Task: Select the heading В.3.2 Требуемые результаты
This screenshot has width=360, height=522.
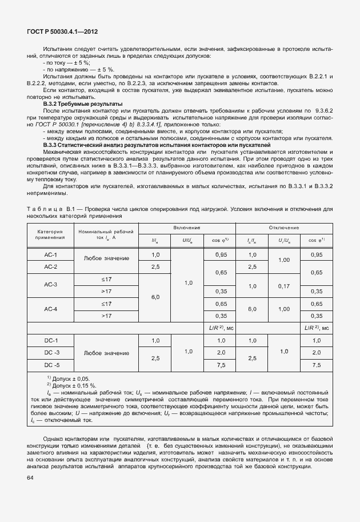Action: [x=83, y=103]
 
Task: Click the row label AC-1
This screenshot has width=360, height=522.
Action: [x=51, y=254]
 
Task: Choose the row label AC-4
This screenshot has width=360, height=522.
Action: [x=51, y=309]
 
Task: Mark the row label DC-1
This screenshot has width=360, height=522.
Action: [x=51, y=340]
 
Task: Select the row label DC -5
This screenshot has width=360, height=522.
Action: [x=51, y=364]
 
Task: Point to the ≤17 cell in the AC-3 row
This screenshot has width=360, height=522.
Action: [x=106, y=278]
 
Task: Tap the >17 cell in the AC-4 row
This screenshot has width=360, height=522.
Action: [x=106, y=316]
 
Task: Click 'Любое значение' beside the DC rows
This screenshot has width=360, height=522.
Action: [x=106, y=353]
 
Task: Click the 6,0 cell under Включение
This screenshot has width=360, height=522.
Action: [x=155, y=297]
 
